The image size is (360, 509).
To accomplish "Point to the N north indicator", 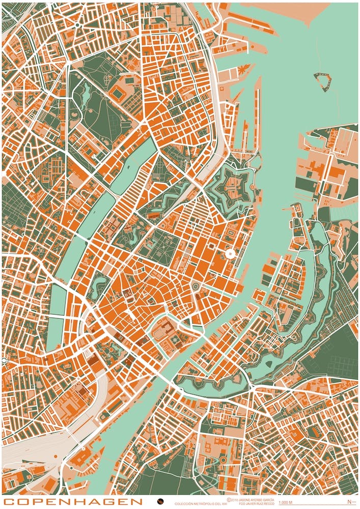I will [x=349, y=502].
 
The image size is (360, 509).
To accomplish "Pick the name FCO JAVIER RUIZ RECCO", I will [x=253, y=504].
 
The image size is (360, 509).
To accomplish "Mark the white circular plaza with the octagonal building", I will [x=230, y=253].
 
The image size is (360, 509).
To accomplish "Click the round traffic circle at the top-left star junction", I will [x=77, y=24].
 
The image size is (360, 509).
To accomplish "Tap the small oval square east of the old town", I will [x=196, y=288].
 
